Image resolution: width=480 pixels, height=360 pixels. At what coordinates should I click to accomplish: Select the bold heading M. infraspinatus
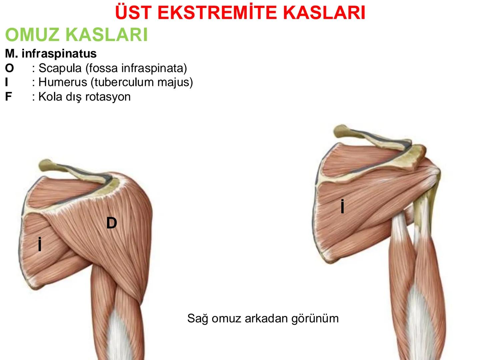pos(51,53)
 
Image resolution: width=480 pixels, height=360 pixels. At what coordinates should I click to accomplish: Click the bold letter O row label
pos(9,68)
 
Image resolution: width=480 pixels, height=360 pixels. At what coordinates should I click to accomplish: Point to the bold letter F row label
pos(8,97)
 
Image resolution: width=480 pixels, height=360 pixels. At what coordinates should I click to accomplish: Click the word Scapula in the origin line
pos(60,68)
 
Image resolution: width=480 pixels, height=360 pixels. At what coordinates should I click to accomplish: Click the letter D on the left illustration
pos(112,223)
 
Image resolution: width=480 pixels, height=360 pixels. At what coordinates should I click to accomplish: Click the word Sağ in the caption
pos(197,318)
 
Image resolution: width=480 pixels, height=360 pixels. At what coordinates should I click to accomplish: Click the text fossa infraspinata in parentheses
pos(136,68)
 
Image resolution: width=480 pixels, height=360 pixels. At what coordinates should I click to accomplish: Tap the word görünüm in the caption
pos(315,318)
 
